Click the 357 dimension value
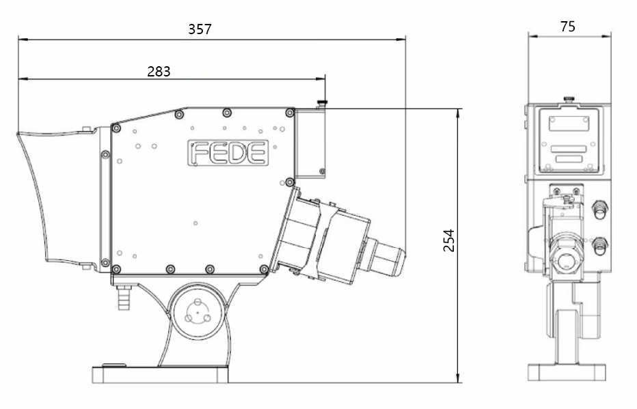coord(200,29)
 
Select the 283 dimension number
coord(159,72)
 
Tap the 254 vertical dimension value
coord(448,240)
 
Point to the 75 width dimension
coord(567,27)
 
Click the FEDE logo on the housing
coord(228,153)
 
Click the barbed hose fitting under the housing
coord(124,298)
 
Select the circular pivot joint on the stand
coord(198,312)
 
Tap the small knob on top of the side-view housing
coord(323,104)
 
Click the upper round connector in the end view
coord(599,209)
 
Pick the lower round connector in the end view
coord(599,246)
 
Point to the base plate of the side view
coord(160,374)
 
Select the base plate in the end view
coord(567,372)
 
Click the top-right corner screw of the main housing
coord(290,113)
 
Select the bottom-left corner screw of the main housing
coord(116,269)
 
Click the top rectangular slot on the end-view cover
coord(569,124)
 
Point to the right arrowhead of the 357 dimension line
coord(401,40)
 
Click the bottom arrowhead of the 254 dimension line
coord(458,378)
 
